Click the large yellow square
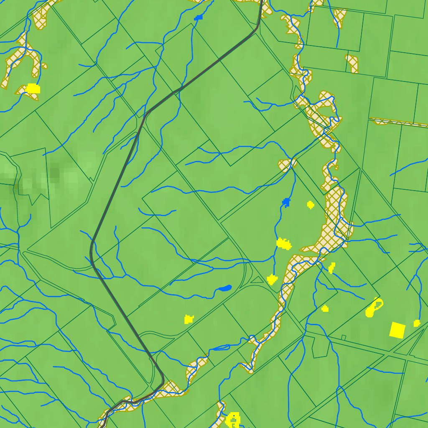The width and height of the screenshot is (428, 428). (397, 330)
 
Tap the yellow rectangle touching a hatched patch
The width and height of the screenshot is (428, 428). (33, 88)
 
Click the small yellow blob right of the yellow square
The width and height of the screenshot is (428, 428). (417, 323)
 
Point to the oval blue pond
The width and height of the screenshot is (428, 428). (224, 288)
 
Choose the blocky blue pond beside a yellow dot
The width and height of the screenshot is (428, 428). (286, 202)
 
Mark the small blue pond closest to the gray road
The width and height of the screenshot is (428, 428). (198, 18)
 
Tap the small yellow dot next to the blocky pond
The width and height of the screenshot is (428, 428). (310, 204)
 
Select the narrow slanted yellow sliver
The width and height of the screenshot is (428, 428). (332, 267)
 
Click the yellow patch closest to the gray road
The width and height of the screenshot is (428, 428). (189, 319)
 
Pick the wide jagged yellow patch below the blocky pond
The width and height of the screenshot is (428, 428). (284, 243)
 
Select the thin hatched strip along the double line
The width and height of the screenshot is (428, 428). (397, 122)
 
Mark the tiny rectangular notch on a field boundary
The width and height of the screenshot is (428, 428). (344, 337)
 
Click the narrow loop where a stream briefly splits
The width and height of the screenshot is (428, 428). (222, 347)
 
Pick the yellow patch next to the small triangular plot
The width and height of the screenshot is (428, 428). (272, 279)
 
